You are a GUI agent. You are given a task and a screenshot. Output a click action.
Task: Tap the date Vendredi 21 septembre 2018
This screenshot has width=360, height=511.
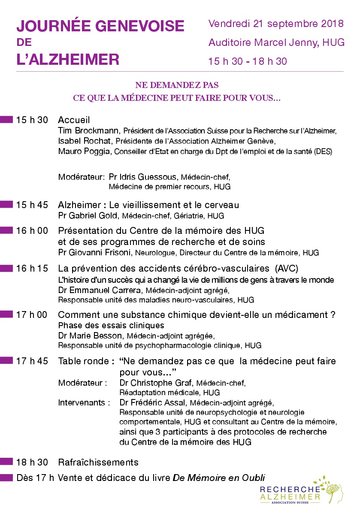(x=276, y=24)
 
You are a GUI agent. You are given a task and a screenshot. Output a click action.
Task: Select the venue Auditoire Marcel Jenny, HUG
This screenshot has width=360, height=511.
(x=276, y=42)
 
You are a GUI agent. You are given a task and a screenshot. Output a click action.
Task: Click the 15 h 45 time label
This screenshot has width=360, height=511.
(x=32, y=205)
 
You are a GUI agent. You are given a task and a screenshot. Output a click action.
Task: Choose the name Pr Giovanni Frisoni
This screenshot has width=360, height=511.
(x=95, y=253)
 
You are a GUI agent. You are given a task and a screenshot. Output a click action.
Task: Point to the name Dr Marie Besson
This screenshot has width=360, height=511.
(x=89, y=335)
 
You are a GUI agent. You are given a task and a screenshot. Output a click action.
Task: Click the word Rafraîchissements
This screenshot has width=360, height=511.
(x=98, y=463)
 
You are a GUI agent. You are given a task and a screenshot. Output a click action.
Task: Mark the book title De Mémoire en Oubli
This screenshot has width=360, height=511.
(x=219, y=478)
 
